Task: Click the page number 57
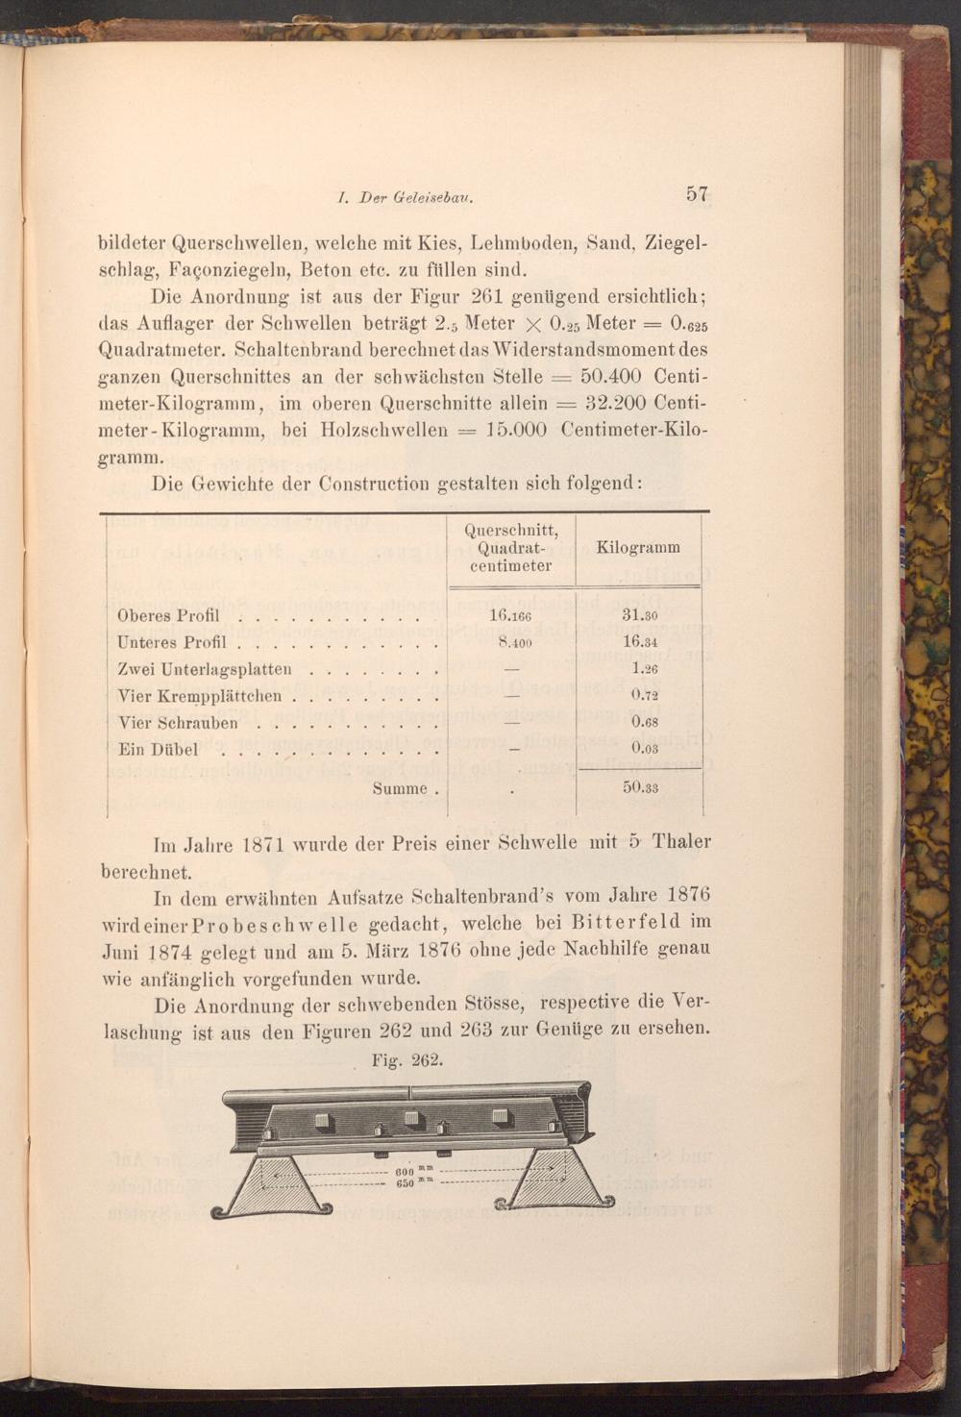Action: point(698,193)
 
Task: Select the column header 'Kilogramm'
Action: point(638,547)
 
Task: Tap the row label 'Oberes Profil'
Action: point(168,616)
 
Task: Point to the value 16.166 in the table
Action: point(510,616)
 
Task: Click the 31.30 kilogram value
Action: point(639,616)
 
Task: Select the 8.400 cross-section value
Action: point(510,642)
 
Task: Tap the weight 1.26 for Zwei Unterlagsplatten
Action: point(643,668)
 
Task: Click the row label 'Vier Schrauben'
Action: point(178,723)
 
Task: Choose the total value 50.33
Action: point(639,787)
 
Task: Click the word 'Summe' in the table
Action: point(400,788)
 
